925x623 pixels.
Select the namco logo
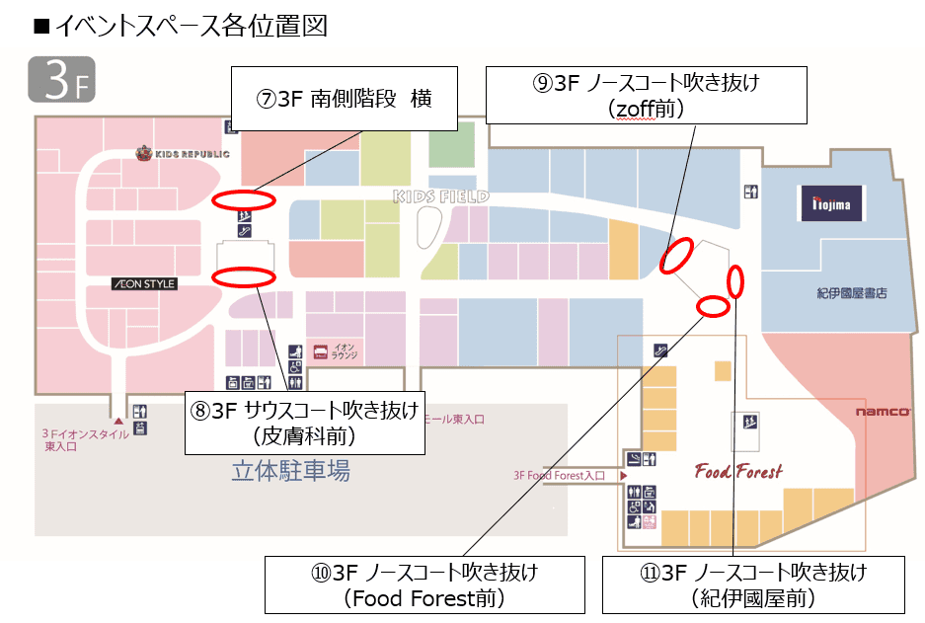[x=883, y=412]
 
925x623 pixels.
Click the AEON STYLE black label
[x=144, y=284]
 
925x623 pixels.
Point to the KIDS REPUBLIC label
[x=183, y=153]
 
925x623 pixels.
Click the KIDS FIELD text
[x=441, y=196]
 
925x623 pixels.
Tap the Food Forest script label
[x=738, y=471]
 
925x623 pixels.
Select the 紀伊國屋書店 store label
[x=852, y=293]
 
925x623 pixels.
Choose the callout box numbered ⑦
[x=344, y=99]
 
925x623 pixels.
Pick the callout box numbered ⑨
[x=647, y=95]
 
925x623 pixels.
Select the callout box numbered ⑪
[x=754, y=584]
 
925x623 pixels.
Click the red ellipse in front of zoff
[x=675, y=256]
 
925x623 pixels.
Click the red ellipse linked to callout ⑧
[x=243, y=276]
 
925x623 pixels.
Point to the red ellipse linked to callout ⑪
[x=735, y=281]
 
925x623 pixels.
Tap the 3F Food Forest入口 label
[x=559, y=476]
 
